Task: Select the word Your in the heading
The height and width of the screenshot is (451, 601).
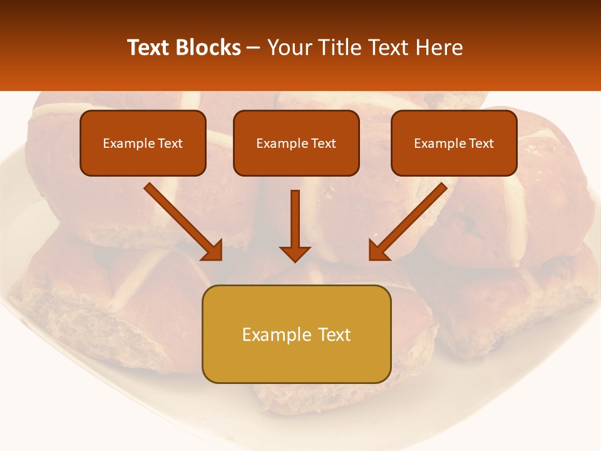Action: (x=289, y=48)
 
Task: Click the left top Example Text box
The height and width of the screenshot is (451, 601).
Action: (x=143, y=143)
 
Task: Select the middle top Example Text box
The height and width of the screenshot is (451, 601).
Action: (x=296, y=143)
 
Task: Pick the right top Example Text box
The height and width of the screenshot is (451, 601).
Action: (x=454, y=143)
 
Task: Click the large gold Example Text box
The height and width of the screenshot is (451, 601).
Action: (x=296, y=334)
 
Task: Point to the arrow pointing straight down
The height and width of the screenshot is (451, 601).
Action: (x=295, y=225)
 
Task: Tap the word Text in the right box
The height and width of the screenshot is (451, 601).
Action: (x=481, y=143)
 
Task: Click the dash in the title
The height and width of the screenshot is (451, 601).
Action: (x=254, y=48)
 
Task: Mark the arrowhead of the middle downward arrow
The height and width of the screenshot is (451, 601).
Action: (x=295, y=253)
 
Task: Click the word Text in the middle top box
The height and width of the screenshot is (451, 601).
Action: (x=323, y=143)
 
